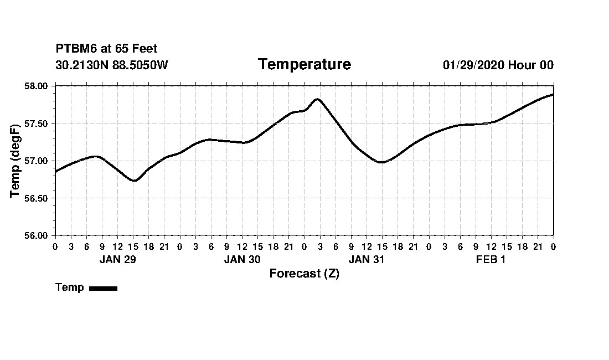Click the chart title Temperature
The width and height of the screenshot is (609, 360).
(x=304, y=65)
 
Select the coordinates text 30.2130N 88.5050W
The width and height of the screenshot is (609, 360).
(x=111, y=65)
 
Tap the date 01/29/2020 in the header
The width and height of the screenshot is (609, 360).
(x=473, y=65)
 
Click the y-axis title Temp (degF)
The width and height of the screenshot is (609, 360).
(x=16, y=161)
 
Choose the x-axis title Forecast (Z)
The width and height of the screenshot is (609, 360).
(x=304, y=274)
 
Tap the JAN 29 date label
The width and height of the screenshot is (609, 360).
(x=117, y=260)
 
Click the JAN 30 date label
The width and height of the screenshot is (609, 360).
(x=242, y=260)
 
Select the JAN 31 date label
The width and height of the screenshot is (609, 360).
(x=367, y=260)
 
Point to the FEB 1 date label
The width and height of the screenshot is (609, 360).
(x=491, y=260)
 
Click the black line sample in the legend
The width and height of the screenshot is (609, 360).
(x=103, y=288)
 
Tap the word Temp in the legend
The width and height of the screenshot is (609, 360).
(x=70, y=287)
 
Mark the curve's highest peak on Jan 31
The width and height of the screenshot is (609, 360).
(x=317, y=99)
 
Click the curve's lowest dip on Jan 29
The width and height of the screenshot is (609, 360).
(x=133, y=181)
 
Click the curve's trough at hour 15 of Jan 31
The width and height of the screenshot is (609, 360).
(x=381, y=162)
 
